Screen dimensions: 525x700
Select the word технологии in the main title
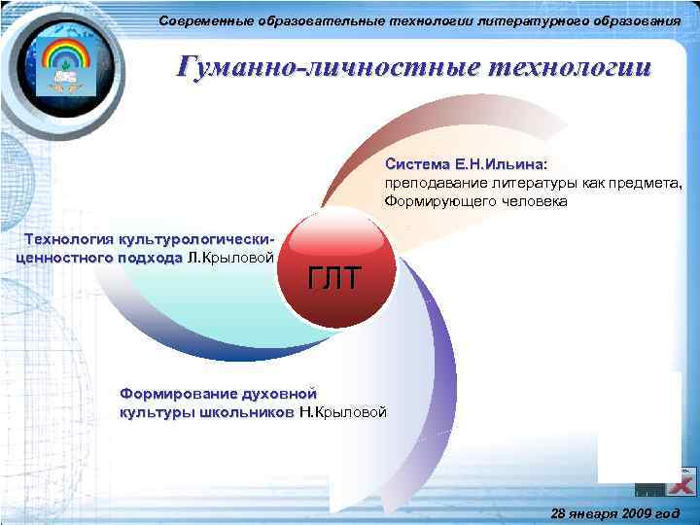568,68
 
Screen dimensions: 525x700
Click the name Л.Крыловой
229,258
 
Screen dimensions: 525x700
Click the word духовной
280,394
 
